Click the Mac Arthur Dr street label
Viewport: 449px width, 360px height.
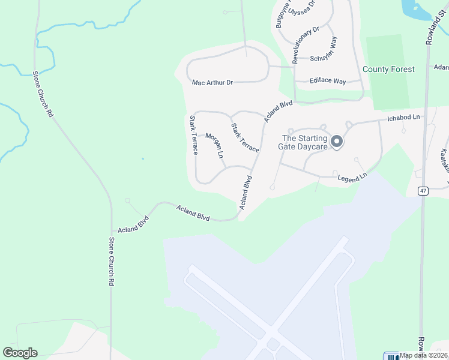coord(212,82)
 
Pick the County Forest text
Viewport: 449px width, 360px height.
coord(388,70)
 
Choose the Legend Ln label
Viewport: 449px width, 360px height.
coord(352,178)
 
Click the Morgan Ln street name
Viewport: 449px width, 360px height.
coord(214,146)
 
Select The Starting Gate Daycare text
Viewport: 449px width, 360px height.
coord(304,142)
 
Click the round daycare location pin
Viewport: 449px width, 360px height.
coord(337,142)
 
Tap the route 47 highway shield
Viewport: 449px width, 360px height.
coord(423,191)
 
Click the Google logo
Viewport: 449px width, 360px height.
coord(20,353)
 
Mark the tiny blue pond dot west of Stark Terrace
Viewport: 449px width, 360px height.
coord(143,159)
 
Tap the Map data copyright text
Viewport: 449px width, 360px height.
coord(424,355)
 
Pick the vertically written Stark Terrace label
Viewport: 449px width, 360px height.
coord(194,135)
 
